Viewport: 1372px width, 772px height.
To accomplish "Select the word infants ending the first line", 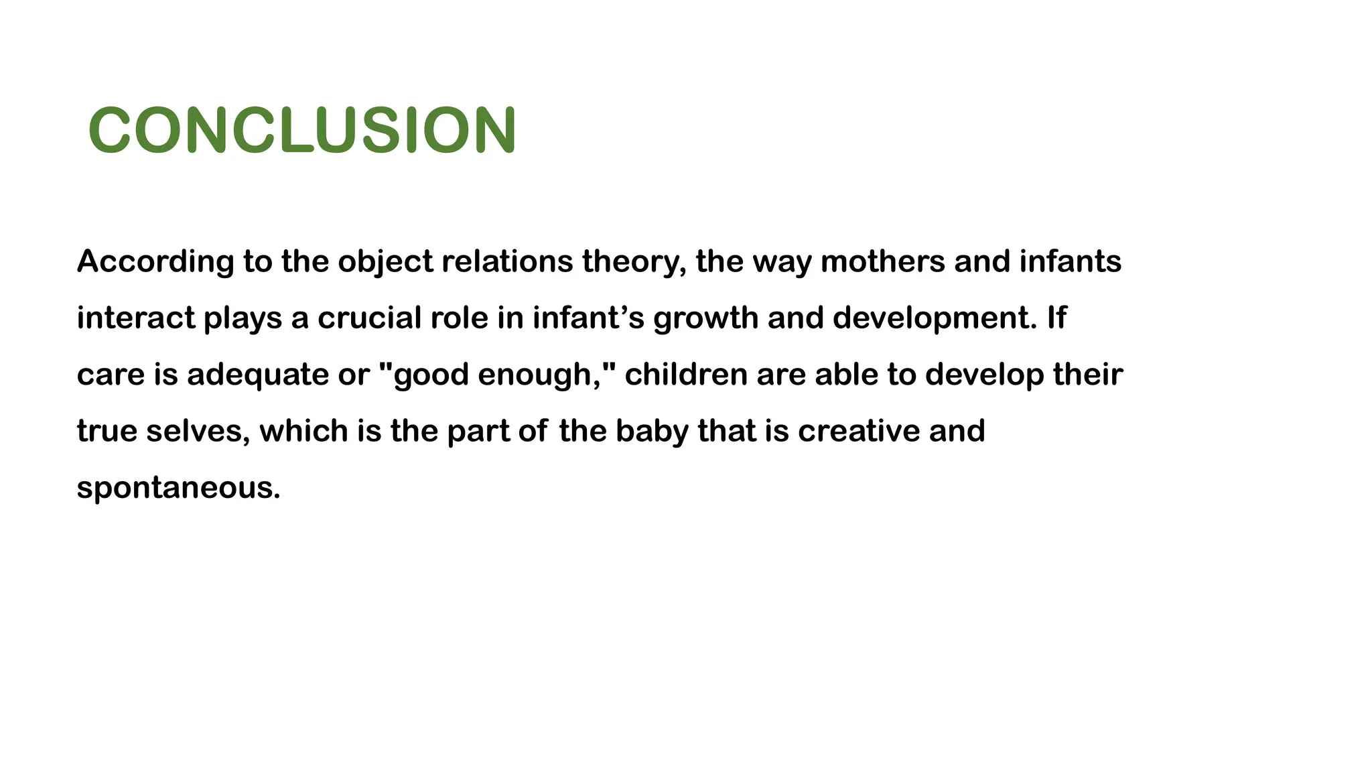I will [1070, 261].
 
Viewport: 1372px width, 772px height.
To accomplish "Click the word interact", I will [135, 318].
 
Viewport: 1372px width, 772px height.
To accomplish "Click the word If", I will [1056, 318].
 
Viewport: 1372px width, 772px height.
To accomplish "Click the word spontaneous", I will [178, 487].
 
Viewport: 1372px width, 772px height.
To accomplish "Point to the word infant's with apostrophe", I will [588, 318].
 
